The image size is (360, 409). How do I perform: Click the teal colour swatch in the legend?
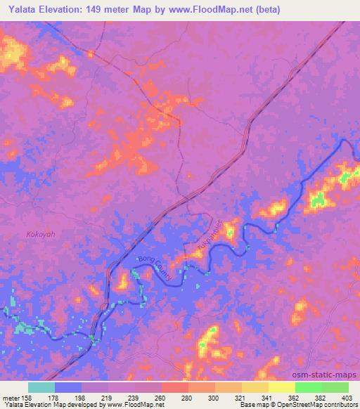(x=41, y=387)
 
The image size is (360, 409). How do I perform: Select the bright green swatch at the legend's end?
(x=335, y=387)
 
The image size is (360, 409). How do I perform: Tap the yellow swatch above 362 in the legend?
(x=282, y=387)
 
